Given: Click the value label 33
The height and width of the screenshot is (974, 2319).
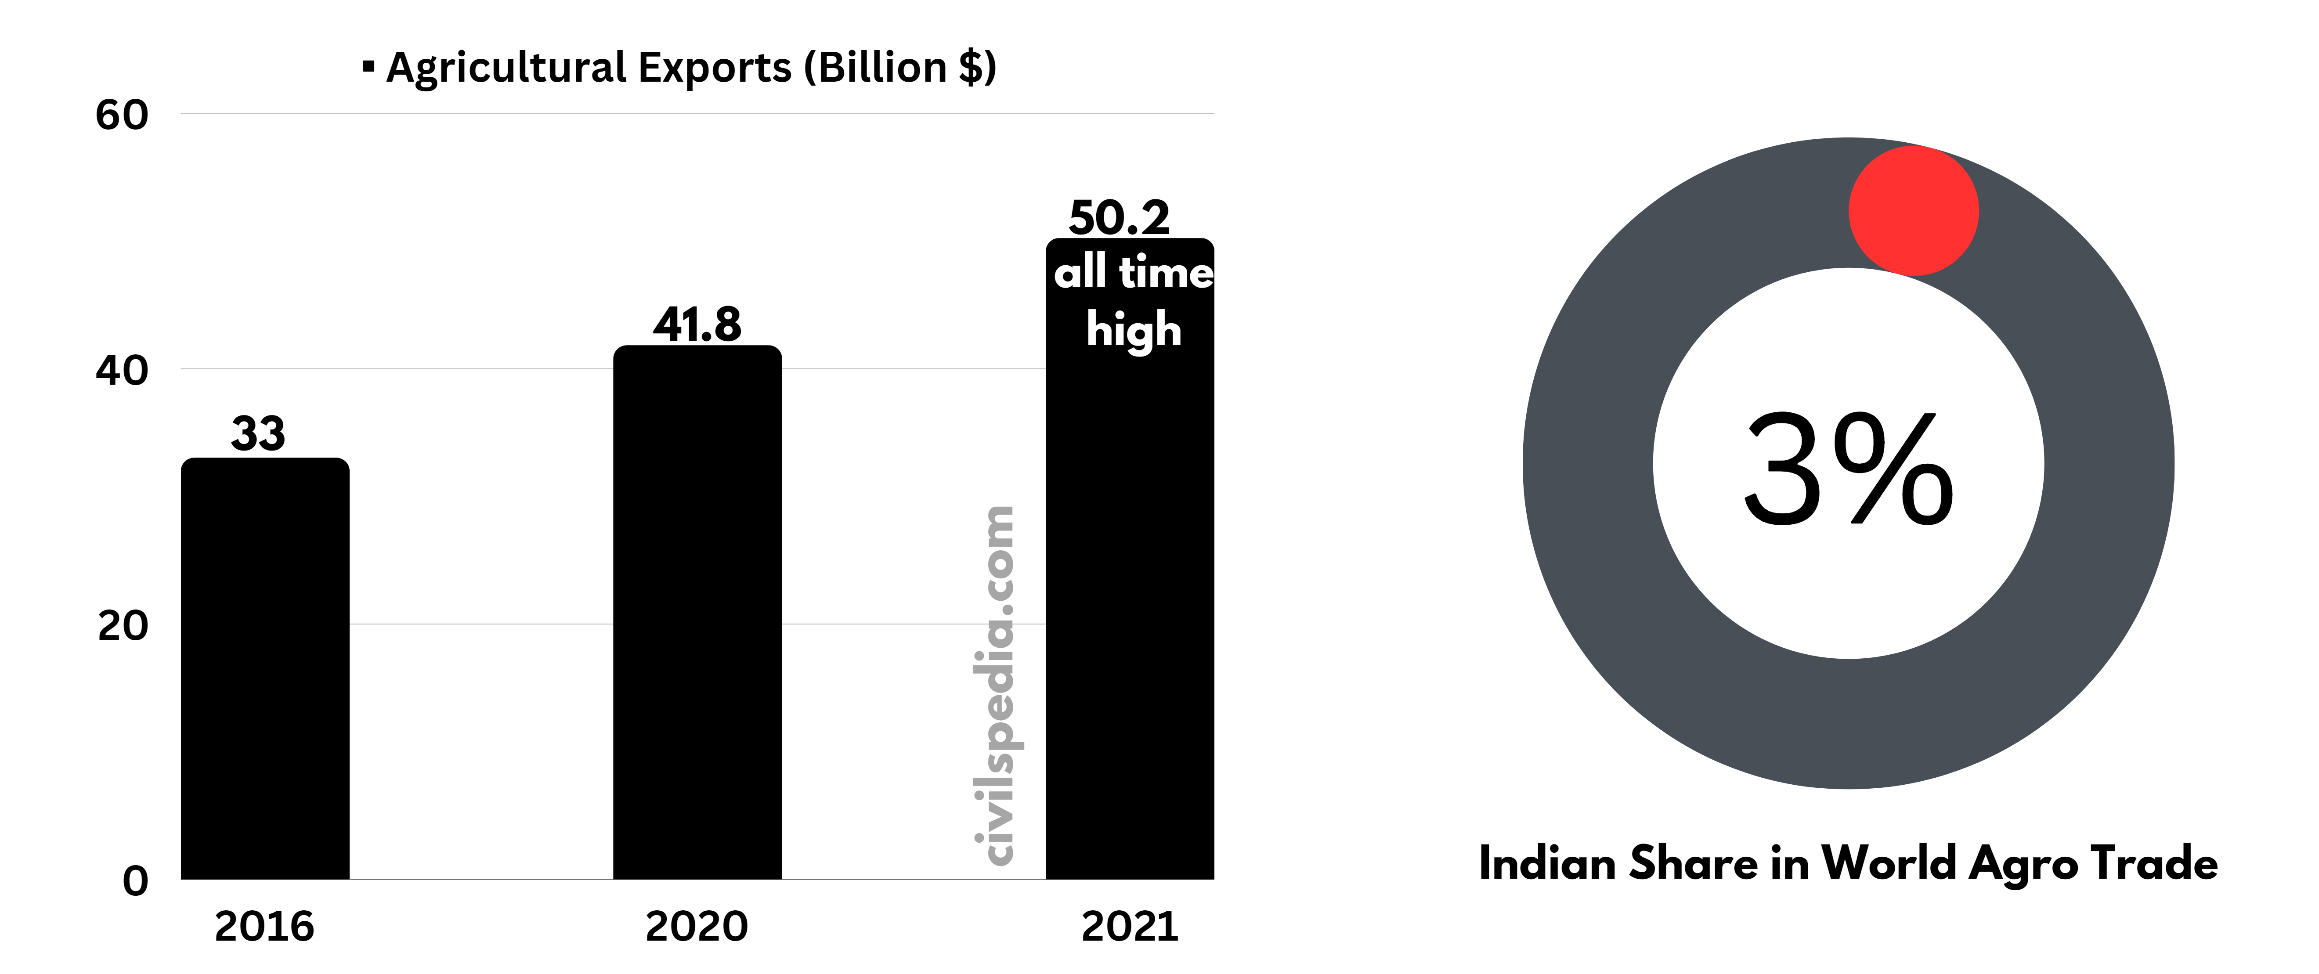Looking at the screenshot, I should [258, 434].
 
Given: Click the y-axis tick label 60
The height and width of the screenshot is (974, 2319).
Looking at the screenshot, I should [122, 115].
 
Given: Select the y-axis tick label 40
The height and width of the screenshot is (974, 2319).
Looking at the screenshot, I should [122, 370].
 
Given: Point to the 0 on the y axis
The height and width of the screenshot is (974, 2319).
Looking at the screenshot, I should [135, 880].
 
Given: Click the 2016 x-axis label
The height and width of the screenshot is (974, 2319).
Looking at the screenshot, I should [264, 926].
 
